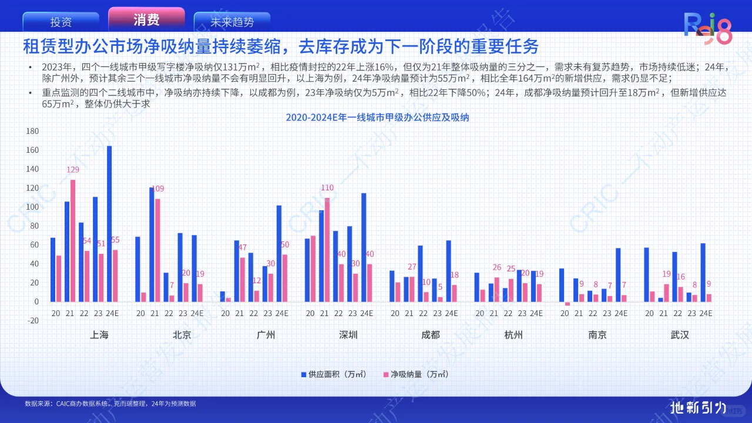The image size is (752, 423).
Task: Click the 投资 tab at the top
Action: tap(61, 22)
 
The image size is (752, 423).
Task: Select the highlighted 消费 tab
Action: tap(146, 21)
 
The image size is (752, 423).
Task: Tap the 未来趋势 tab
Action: tap(232, 22)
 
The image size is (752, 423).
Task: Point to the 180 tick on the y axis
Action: tap(32, 131)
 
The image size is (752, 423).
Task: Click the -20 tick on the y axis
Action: tap(32, 321)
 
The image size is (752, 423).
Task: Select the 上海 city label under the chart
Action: tap(99, 335)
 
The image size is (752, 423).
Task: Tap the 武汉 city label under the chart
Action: tap(680, 335)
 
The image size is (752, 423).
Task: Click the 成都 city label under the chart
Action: tap(431, 335)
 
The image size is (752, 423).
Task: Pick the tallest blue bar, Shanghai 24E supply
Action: tap(109, 223)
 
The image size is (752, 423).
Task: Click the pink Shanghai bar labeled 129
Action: tap(73, 240)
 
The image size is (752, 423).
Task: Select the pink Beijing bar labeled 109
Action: tap(157, 250)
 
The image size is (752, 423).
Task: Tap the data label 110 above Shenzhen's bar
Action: tap(327, 189)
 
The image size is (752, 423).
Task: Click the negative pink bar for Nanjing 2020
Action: tap(568, 304)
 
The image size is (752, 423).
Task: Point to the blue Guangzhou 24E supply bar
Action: tap(279, 253)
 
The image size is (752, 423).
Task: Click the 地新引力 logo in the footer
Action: tap(699, 407)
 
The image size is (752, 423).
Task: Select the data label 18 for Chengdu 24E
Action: tap(454, 276)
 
